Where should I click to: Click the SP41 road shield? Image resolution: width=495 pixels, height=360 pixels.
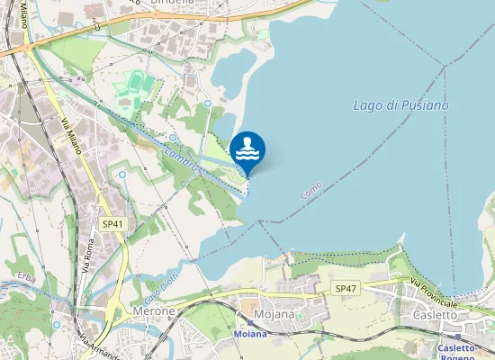112,223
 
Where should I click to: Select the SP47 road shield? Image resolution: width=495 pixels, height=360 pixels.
345,288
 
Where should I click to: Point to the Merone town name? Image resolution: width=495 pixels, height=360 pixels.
154,310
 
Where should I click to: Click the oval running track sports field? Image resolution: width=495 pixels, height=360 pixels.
136,84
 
